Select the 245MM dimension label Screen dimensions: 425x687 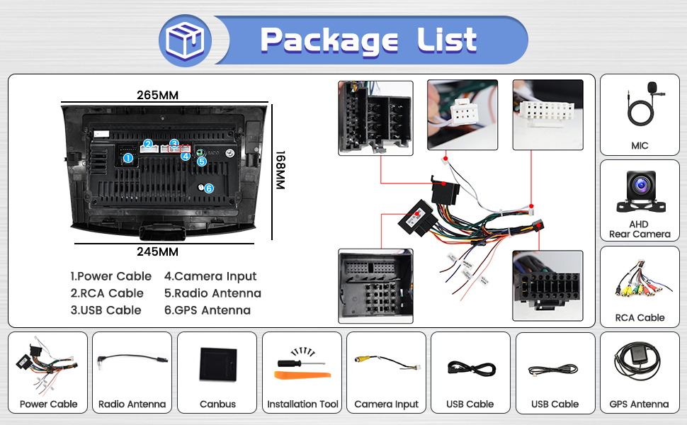point(158,251)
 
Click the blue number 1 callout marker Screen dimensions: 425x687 point(128,158)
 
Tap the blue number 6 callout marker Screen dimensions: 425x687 point(209,188)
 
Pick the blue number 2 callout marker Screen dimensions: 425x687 point(148,144)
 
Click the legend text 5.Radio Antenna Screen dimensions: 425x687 point(212,293)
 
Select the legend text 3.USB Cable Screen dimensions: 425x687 point(106,310)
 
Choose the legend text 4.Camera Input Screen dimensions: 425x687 point(210,276)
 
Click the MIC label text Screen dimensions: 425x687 point(640,146)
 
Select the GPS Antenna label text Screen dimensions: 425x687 point(639,404)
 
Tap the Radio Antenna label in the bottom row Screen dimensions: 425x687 point(132,404)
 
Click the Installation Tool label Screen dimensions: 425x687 point(302,404)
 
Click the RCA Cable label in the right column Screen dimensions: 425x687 point(640,318)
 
